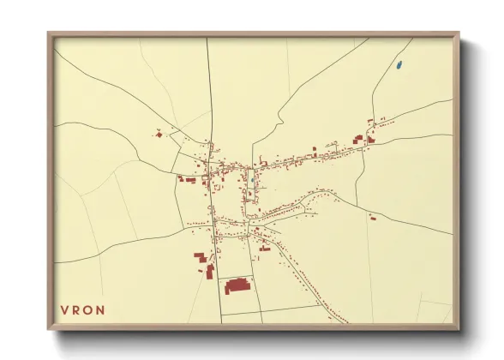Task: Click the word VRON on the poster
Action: tap(82, 309)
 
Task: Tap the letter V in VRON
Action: tap(64, 309)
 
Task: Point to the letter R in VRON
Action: tap(76, 309)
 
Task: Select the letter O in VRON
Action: tap(88, 309)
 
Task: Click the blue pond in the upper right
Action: tap(399, 64)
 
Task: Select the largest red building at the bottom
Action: tap(237, 285)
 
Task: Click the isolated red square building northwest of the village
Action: tap(158, 133)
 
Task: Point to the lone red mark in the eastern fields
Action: tap(373, 218)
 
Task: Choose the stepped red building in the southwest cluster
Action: tap(200, 257)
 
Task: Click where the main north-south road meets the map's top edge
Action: tap(207, 39)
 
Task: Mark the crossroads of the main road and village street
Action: tap(211, 163)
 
